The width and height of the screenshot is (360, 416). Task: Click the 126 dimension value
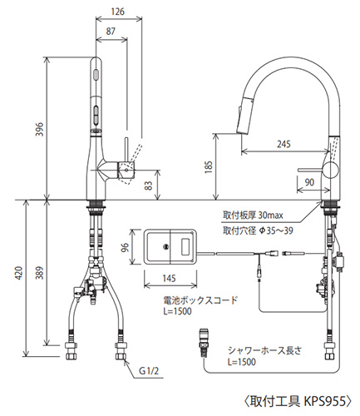point(118,12)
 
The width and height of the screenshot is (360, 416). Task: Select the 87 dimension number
point(111,32)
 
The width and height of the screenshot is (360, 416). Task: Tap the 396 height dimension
point(40,129)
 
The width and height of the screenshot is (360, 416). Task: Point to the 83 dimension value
point(149,186)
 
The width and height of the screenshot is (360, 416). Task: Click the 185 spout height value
point(209,167)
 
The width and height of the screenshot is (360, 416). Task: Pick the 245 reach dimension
point(284,144)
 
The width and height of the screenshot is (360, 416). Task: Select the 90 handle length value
point(309,182)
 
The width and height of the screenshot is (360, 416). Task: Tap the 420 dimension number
point(18,273)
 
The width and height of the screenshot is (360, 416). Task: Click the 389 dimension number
point(40,273)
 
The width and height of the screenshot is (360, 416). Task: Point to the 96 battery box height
point(126,247)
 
